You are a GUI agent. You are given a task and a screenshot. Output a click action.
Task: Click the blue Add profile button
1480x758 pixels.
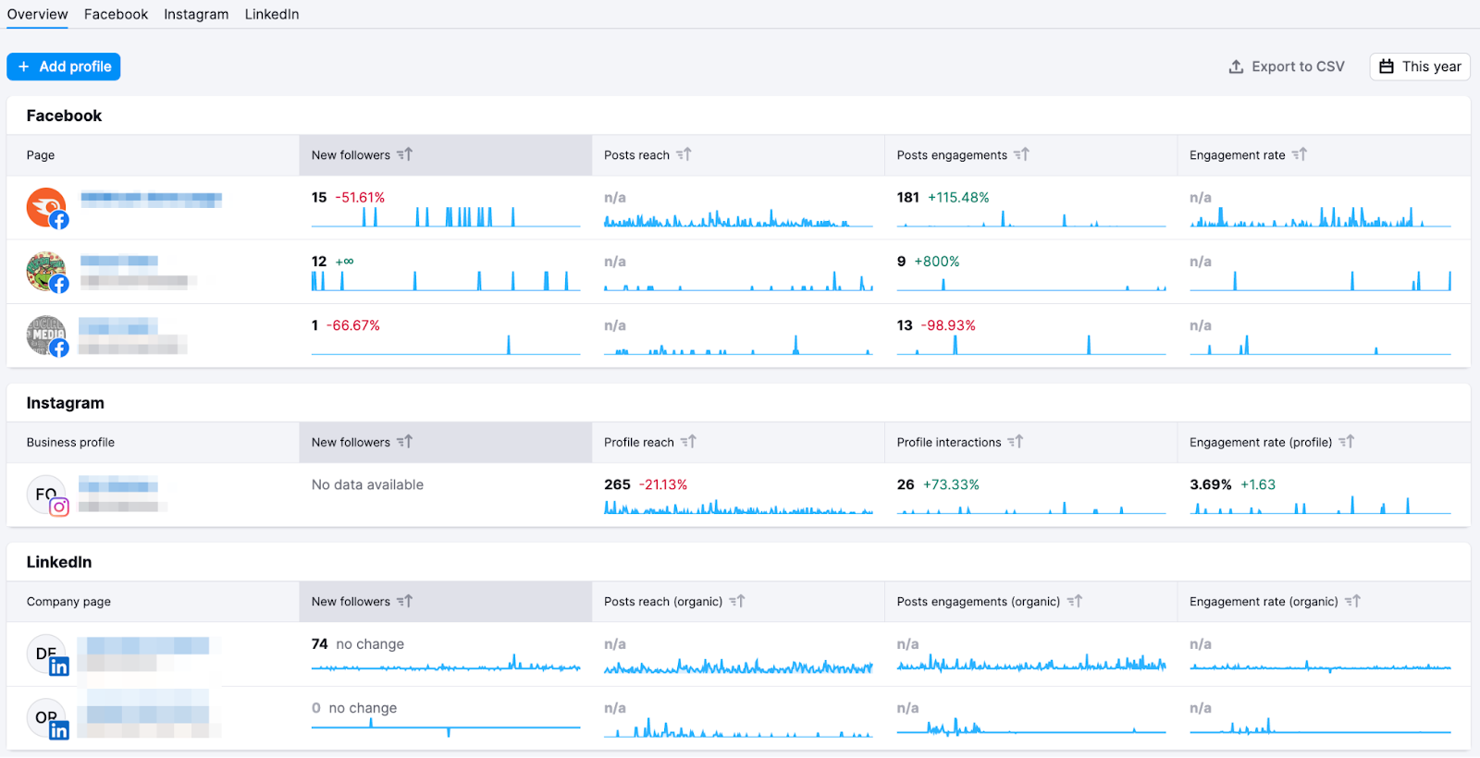(64, 67)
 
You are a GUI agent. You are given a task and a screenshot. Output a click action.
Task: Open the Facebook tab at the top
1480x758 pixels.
(116, 14)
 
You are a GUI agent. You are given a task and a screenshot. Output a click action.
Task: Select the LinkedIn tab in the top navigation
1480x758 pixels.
(272, 14)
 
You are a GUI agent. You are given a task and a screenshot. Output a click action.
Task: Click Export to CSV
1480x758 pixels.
(1287, 67)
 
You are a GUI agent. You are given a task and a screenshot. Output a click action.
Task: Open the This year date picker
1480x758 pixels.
(1420, 67)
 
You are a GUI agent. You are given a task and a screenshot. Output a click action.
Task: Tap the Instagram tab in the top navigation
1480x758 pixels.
(196, 14)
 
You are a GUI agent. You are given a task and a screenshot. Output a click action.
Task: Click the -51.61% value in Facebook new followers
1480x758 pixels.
(360, 198)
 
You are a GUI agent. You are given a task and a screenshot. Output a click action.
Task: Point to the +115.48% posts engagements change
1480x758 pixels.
(958, 198)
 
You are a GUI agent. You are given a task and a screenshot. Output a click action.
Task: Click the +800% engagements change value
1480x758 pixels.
(937, 262)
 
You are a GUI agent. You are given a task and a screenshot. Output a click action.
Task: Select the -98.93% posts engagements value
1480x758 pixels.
(948, 325)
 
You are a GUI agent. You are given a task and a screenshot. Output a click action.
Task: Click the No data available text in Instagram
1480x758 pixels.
(367, 484)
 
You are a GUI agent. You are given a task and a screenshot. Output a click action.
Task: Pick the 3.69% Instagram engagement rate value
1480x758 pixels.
(1210, 484)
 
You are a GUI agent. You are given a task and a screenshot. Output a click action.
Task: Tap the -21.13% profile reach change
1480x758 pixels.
(664, 484)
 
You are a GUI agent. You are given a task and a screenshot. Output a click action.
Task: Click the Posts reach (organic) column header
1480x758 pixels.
(663, 602)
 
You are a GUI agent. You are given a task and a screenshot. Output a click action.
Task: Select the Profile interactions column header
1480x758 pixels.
(949, 443)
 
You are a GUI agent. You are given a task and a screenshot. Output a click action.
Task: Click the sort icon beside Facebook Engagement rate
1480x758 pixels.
(1300, 154)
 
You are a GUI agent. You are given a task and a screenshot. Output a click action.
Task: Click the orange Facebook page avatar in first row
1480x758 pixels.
(45, 207)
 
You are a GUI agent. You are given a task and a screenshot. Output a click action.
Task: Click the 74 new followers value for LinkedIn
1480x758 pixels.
(319, 644)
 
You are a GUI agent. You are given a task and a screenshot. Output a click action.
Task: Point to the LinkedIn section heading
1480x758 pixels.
(59, 562)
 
